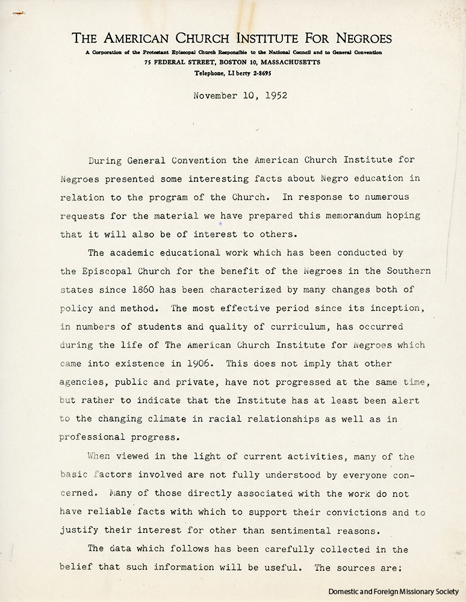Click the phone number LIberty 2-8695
click(x=250, y=73)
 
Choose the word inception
click(x=389, y=308)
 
